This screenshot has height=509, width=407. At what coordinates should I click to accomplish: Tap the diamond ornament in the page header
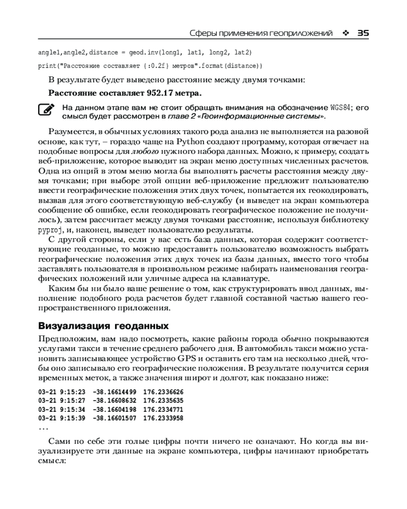click(x=346, y=33)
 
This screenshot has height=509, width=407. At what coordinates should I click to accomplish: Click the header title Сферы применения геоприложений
click(x=260, y=33)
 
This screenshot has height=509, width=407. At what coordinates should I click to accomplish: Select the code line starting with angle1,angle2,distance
click(x=145, y=52)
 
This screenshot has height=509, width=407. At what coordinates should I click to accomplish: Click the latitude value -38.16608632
click(x=114, y=401)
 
